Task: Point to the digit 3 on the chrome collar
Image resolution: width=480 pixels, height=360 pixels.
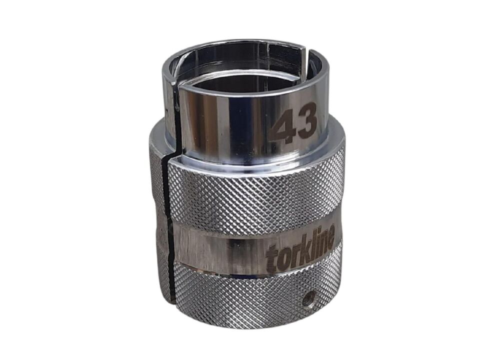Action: (x=306, y=119)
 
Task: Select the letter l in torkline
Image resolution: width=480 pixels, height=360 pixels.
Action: (x=309, y=248)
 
